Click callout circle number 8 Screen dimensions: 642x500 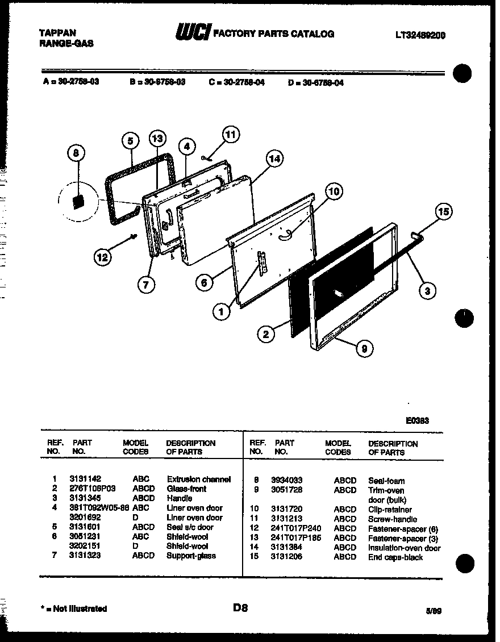pos(76,152)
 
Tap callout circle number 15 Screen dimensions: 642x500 pos(444,212)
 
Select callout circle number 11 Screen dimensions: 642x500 pos(230,135)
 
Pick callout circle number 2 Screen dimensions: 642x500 pos(266,334)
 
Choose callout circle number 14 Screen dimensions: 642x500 pos(274,159)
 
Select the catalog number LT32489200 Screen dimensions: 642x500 pos(420,35)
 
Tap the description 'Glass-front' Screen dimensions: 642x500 pos(186,489)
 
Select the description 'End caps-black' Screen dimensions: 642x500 pos(395,557)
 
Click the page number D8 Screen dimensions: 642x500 pos(241,607)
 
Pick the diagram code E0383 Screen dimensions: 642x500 pos(417,421)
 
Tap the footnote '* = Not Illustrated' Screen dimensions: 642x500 pos(74,608)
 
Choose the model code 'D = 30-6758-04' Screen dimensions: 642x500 pos(316,82)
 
